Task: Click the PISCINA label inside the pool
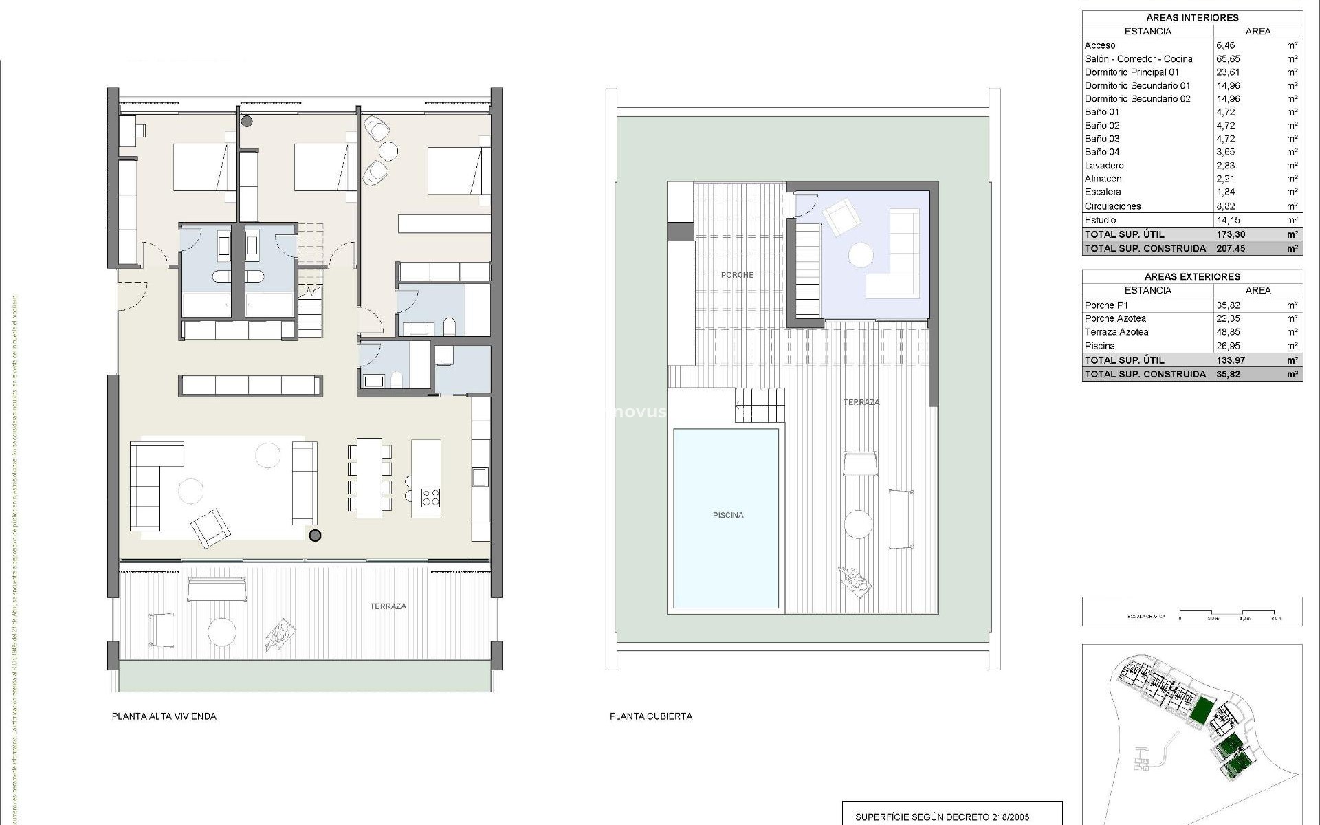(727, 515)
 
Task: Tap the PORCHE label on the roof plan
(737, 275)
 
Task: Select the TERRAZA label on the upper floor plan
(388, 606)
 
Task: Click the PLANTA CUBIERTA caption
(650, 716)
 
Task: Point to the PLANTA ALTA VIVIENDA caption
(164, 716)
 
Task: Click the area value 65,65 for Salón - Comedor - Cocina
(1228, 59)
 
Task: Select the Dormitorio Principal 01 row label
(1132, 72)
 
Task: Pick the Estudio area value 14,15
(1228, 221)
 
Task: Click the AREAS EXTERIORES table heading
(1192, 276)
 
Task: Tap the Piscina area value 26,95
(1228, 346)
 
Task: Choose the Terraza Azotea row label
(1116, 332)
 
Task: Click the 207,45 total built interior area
(1230, 249)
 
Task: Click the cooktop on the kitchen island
(430, 497)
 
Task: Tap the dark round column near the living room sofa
(315, 536)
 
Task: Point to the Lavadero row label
(1104, 166)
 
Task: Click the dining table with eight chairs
(369, 478)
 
